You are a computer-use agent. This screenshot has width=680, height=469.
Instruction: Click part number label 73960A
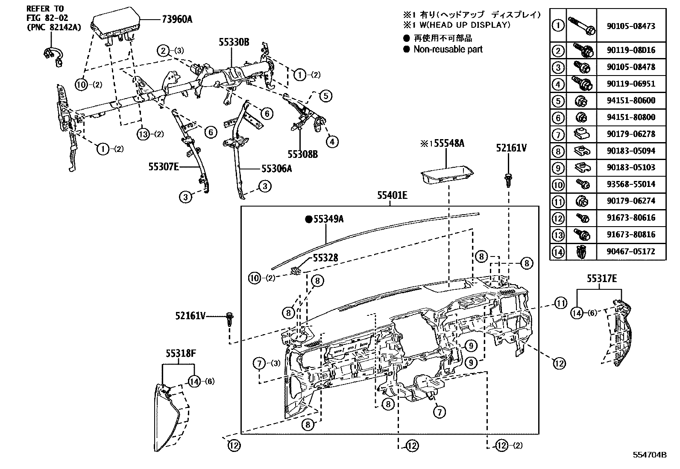pyautogui.click(x=177, y=19)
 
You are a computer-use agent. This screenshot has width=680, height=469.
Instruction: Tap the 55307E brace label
pyautogui.click(x=163, y=167)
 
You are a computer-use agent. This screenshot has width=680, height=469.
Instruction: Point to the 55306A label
pyautogui.click(x=277, y=168)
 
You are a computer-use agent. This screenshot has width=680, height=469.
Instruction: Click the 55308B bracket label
pyautogui.click(x=302, y=154)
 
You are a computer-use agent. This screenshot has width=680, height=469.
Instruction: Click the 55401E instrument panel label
pyautogui.click(x=392, y=196)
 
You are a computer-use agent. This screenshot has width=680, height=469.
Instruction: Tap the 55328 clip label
pyautogui.click(x=325, y=258)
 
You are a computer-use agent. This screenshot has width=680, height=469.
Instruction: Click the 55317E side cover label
pyautogui.click(x=601, y=279)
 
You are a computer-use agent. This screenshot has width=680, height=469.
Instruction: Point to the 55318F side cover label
pyautogui.click(x=181, y=353)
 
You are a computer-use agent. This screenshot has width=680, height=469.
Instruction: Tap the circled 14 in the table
pyautogui.click(x=558, y=251)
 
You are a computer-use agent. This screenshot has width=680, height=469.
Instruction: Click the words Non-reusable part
pyautogui.click(x=448, y=49)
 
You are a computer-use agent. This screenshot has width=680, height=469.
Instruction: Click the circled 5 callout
pyautogui.click(x=325, y=96)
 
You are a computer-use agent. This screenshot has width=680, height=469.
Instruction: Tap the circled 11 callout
pyautogui.click(x=561, y=303)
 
